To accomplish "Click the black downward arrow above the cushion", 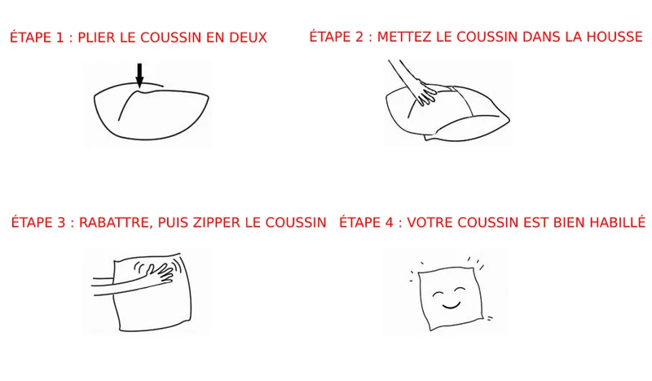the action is pyautogui.click(x=139, y=75).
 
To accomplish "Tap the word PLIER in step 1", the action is pyautogui.click(x=96, y=38).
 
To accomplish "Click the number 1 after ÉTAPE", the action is pyautogui.click(x=59, y=38).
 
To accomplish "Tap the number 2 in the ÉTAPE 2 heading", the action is pyautogui.click(x=359, y=37).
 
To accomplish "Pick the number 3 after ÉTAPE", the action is pyautogui.click(x=62, y=223).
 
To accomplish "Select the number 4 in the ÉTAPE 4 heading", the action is pyautogui.click(x=389, y=223).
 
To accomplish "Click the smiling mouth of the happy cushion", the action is pyautogui.click(x=451, y=307).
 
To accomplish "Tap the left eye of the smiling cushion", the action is pyautogui.click(x=438, y=294).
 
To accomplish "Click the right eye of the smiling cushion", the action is pyautogui.click(x=460, y=289).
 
